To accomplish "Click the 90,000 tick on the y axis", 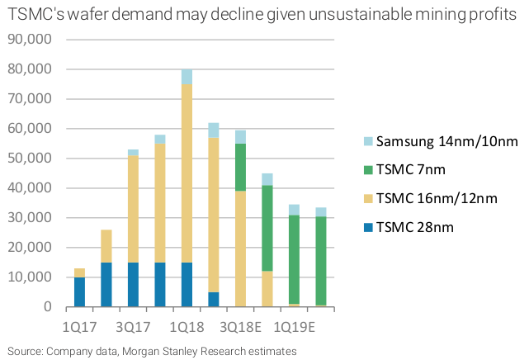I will (x=28, y=40).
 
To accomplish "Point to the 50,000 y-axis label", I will (x=28, y=159).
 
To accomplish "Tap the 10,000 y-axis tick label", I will (x=28, y=277).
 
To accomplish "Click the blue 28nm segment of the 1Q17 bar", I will (x=79, y=292).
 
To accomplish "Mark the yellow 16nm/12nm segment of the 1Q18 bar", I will (x=187, y=173).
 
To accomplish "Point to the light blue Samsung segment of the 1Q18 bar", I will (x=187, y=77).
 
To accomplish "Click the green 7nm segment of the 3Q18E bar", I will (x=241, y=167).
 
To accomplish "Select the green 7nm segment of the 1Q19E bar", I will (x=295, y=259).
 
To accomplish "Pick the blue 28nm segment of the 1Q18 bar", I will (x=187, y=285).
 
